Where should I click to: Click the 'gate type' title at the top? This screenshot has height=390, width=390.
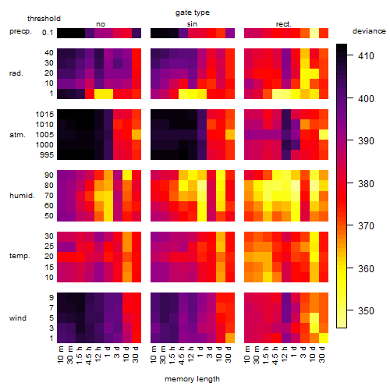[193, 12]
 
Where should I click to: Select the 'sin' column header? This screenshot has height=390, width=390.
[192, 24]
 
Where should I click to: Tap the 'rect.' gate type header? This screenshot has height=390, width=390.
[284, 24]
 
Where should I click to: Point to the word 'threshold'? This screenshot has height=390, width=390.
[44, 19]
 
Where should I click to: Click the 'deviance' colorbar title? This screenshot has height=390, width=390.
[369, 31]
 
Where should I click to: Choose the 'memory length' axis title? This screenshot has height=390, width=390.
[192, 379]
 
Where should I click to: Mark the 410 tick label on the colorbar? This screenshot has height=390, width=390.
[366, 56]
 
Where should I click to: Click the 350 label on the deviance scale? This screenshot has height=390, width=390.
[366, 311]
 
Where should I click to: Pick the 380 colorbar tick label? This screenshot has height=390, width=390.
[366, 184]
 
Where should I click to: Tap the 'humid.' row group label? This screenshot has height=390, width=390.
[22, 196]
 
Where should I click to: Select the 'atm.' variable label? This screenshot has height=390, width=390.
[17, 135]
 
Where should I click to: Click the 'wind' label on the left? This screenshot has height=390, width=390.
[18, 318]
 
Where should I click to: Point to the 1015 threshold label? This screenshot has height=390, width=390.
[44, 115]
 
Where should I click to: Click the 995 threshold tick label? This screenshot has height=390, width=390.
[47, 155]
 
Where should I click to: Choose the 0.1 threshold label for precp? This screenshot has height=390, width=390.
[48, 33]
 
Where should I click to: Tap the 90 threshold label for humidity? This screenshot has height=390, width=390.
[48, 175]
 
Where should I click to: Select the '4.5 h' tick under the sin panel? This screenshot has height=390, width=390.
[182, 355]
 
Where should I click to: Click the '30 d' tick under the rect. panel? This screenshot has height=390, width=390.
[321, 355]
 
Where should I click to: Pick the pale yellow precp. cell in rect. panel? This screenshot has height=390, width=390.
[314, 33]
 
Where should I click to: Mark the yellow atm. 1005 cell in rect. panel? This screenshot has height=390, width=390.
[324, 135]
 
